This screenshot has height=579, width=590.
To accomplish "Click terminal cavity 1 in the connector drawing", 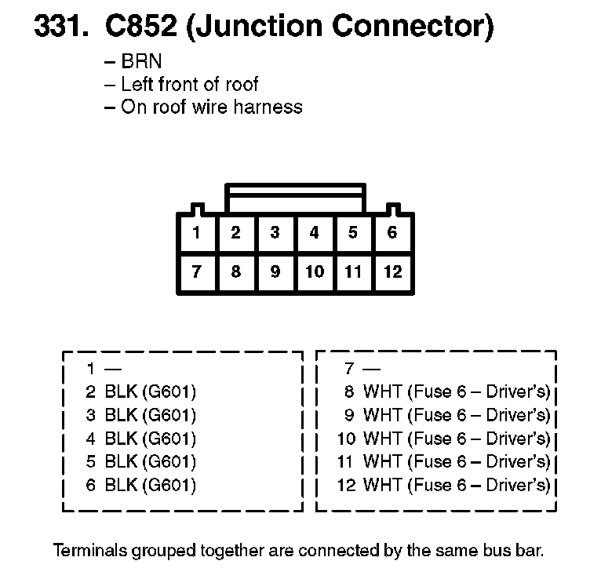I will point(197,233).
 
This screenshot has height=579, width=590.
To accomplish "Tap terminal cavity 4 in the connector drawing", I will point(314,233).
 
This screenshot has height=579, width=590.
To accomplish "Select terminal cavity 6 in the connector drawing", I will point(392,233).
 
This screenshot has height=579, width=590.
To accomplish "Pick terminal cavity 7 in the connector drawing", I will point(197,272).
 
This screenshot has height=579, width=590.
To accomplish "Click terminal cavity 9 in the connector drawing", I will point(275,272).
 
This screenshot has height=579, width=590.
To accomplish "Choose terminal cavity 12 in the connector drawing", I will point(392,272).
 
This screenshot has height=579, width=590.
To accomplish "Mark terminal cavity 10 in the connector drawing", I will point(314,272).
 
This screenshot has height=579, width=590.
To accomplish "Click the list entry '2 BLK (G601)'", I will point(141,391).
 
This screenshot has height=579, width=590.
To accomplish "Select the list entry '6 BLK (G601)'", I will point(141,485).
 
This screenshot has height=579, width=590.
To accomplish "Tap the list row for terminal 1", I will point(102,368).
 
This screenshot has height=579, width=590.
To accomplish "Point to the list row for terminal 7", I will point(361,368).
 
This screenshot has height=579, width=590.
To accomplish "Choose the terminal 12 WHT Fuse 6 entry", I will point(443,485).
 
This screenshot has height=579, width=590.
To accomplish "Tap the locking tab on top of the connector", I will point(295,198).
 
